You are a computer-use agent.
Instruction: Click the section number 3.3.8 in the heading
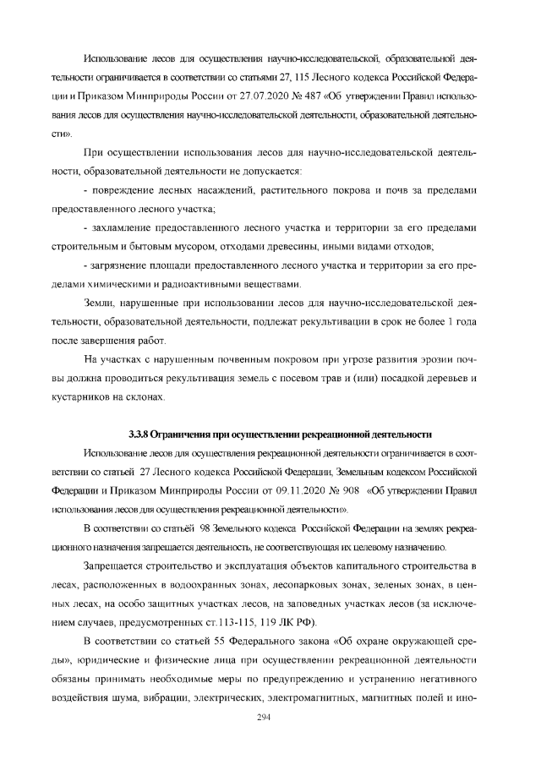coord(138,434)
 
